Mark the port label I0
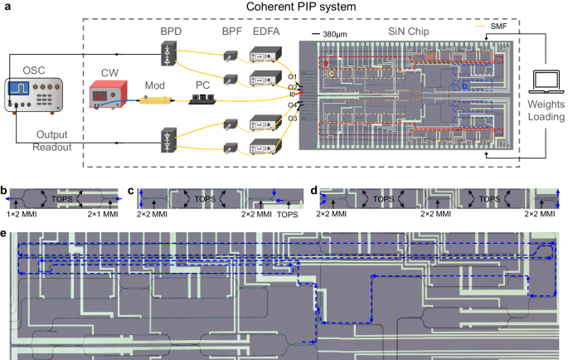tap(293, 95)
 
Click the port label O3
tap(293, 118)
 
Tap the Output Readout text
tap(51, 141)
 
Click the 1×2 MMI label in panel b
tap(19, 214)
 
